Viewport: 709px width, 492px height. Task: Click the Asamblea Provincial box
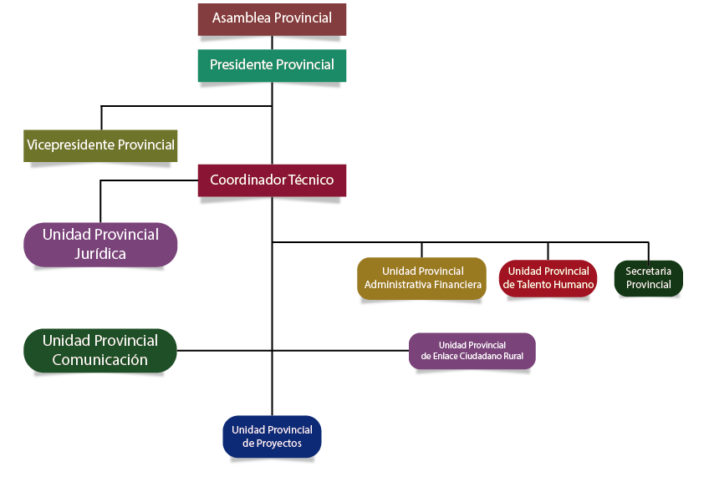click(x=272, y=18)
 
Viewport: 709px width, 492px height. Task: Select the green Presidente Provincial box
click(x=272, y=65)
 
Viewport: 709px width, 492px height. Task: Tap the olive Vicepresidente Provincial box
click(x=100, y=145)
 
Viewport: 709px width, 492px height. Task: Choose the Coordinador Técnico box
click(x=272, y=180)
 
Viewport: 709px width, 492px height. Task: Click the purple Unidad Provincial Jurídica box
click(x=100, y=244)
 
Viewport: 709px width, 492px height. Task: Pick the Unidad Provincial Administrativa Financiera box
click(x=422, y=278)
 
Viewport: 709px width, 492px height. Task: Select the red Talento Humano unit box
click(x=548, y=278)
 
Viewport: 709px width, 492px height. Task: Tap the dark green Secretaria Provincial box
click(x=649, y=278)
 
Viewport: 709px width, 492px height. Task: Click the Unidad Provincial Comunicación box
click(x=100, y=350)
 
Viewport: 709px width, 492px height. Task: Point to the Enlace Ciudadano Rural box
click(x=472, y=351)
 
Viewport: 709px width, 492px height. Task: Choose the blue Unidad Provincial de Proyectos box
click(x=272, y=436)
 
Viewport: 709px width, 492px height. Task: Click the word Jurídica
click(x=100, y=254)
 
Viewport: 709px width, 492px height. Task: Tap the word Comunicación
click(x=100, y=360)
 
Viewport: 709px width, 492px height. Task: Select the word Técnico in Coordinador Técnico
click(x=310, y=180)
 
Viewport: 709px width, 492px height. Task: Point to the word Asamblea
click(x=241, y=18)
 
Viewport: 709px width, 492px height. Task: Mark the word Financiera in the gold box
click(x=456, y=285)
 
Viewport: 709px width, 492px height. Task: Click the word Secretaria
click(x=649, y=271)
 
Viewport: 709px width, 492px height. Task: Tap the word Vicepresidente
click(x=70, y=145)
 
